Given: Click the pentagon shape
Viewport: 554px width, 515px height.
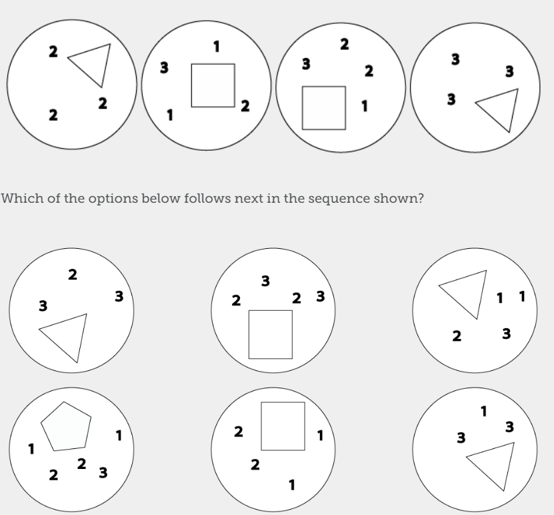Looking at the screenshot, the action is pyautogui.click(x=66, y=427).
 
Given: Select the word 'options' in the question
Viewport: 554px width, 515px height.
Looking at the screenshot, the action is pyautogui.click(x=113, y=199).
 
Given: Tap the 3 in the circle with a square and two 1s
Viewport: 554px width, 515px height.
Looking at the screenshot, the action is pyautogui.click(x=164, y=67).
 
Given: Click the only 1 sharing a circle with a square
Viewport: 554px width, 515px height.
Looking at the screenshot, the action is pyautogui.click(x=365, y=106).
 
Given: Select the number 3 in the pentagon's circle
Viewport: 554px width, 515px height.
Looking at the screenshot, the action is pyautogui.click(x=103, y=472).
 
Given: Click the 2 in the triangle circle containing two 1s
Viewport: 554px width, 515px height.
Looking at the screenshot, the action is pyautogui.click(x=457, y=336).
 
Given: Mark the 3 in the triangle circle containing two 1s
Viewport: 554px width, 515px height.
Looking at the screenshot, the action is pyautogui.click(x=506, y=334).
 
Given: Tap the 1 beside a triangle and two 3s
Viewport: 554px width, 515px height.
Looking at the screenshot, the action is pyautogui.click(x=484, y=411).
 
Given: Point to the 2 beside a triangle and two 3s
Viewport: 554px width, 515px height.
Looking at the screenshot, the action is pyautogui.click(x=73, y=274).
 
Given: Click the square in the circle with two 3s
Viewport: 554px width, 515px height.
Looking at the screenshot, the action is pyautogui.click(x=271, y=334).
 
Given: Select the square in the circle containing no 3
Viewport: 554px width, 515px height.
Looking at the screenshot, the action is pyautogui.click(x=283, y=426).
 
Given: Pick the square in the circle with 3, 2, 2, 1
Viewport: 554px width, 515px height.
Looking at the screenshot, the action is pyautogui.click(x=324, y=108).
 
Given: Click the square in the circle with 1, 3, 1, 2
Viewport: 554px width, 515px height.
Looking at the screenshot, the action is pyautogui.click(x=213, y=85).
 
